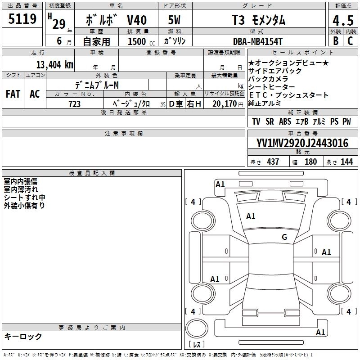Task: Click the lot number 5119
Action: pyautogui.click(x=22, y=19)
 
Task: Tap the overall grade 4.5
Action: pyautogui.click(x=343, y=21)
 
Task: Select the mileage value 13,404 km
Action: pyautogui.click(x=54, y=65)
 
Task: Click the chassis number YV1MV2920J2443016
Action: pyautogui.click(x=302, y=143)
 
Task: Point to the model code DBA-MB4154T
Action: pyautogui.click(x=257, y=41)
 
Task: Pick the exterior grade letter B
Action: pyautogui.click(x=336, y=41)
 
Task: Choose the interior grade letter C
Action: pyautogui.click(x=350, y=41)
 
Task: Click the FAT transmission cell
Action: pyautogui.click(x=13, y=94)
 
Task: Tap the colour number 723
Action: pyautogui.click(x=74, y=104)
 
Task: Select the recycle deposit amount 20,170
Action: pyautogui.click(x=224, y=104)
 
